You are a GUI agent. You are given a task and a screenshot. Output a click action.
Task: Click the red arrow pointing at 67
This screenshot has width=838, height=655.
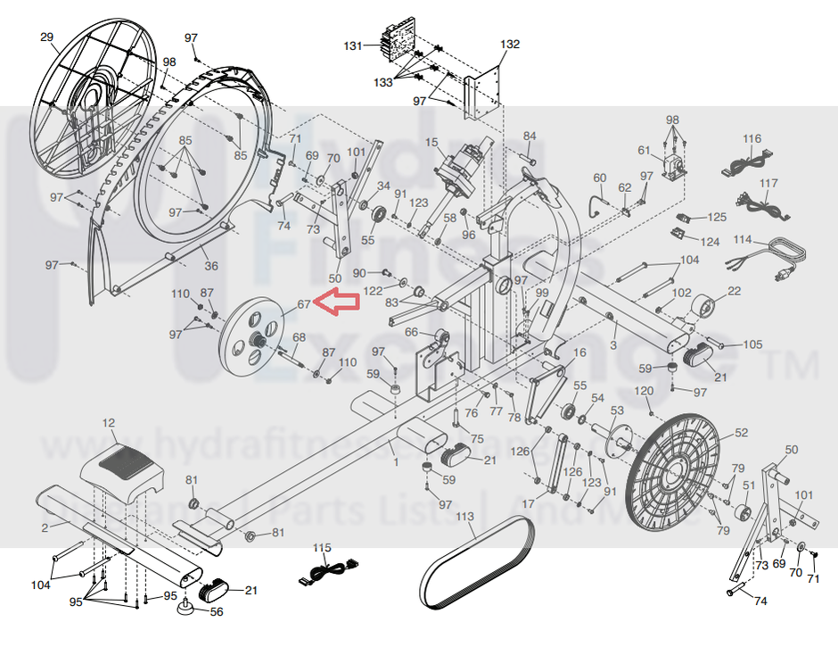[336, 303]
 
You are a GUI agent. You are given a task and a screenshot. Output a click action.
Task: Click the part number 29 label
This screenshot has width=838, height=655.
[47, 37]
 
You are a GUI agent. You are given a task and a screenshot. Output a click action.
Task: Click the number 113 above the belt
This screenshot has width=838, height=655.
[465, 517]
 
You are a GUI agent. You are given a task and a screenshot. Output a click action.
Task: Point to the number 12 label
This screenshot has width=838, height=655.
[109, 422]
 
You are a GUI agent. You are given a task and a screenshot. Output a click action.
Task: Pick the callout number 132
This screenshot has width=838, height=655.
[510, 44]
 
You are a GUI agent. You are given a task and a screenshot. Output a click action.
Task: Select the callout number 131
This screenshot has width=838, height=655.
[355, 46]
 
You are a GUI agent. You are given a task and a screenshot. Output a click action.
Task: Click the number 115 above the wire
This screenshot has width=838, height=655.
[322, 546]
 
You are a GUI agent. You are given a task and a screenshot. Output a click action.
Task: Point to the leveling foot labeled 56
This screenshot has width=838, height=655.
[189, 608]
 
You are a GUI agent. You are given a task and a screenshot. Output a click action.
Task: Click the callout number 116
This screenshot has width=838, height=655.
[752, 138]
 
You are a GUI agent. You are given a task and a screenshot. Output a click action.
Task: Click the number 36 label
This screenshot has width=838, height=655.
[210, 265]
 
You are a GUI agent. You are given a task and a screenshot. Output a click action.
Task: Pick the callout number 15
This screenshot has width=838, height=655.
[432, 142]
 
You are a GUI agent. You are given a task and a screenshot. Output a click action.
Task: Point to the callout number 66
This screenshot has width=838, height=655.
[412, 333]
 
